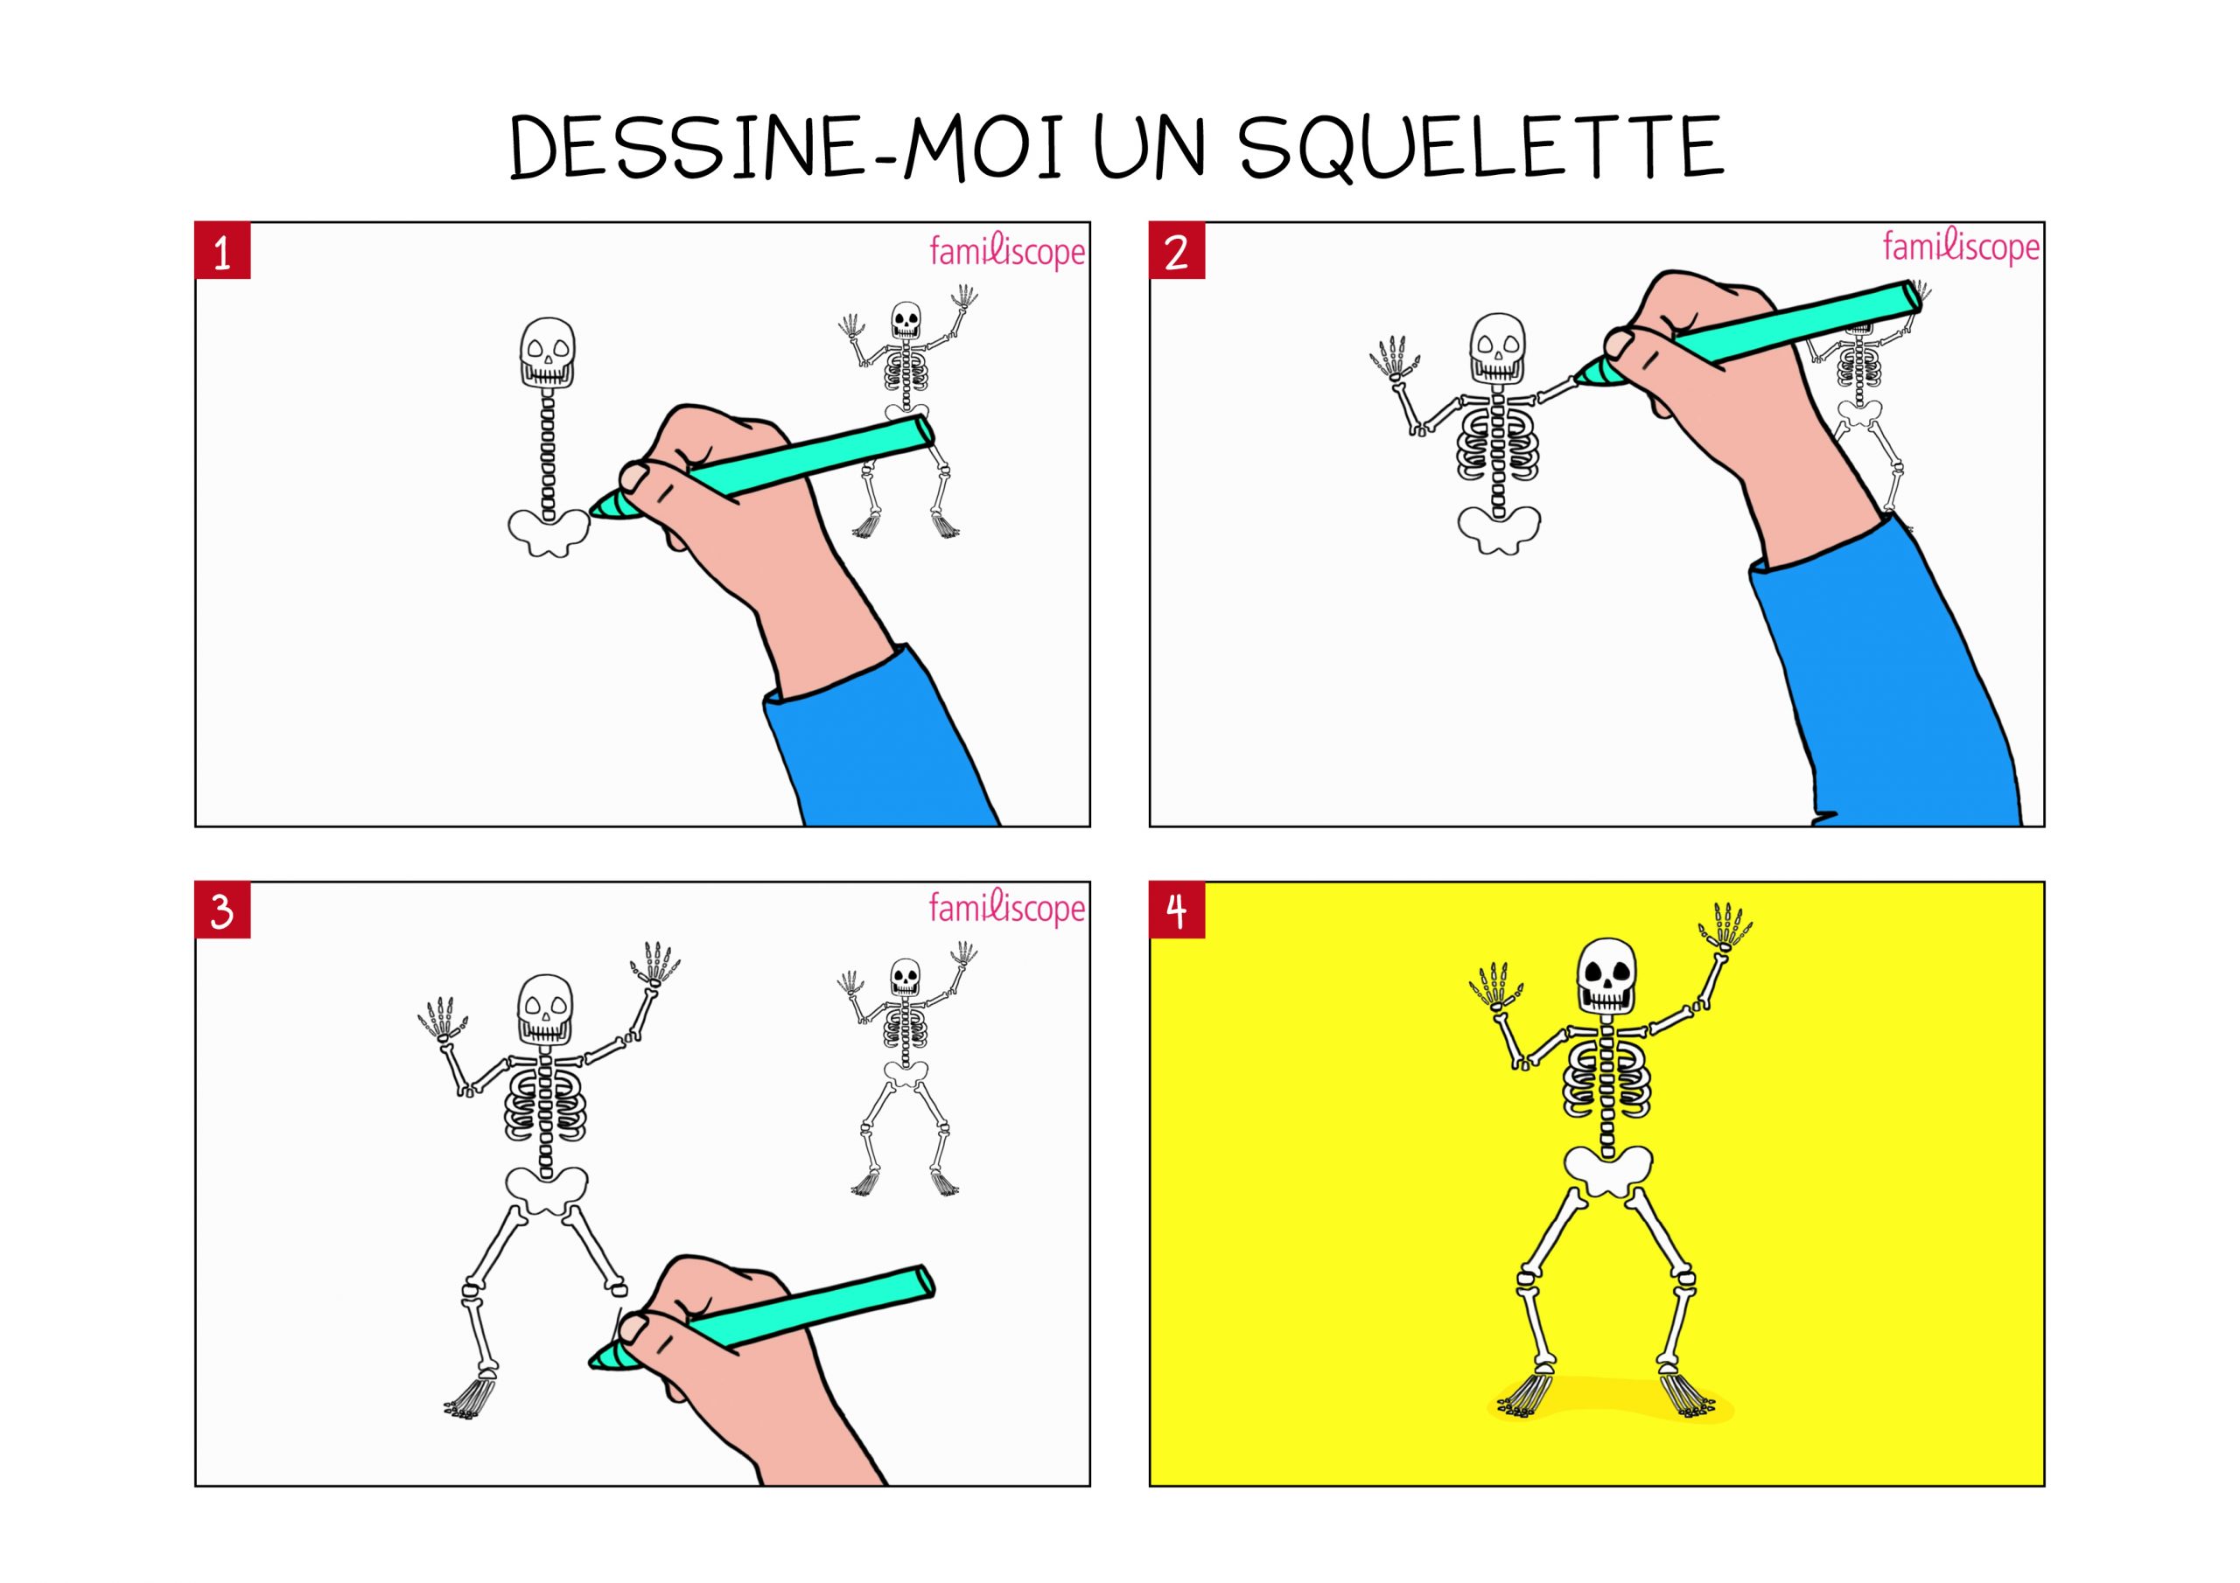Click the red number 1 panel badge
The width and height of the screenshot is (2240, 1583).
tap(222, 252)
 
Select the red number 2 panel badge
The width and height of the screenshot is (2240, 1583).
tap(1177, 252)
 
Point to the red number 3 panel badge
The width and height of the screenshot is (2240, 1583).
tap(222, 911)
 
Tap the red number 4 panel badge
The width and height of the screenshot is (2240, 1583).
tap(1177, 911)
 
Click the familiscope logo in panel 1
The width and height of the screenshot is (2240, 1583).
tap(1007, 252)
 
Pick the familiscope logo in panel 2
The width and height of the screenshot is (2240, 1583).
tap(1961, 248)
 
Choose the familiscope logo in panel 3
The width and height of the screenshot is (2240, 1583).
tap(1007, 909)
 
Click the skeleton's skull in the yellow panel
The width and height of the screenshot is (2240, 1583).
tap(1606, 974)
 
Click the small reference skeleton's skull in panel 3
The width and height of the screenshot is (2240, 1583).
tap(905, 976)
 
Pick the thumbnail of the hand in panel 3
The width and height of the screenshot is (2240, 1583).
tap(635, 1328)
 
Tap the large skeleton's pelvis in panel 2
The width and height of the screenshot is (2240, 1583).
tap(1500, 530)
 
